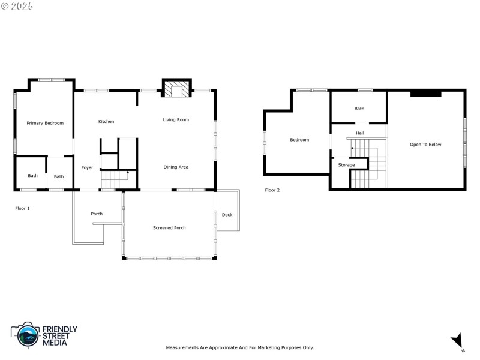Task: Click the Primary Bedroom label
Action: pos(45,123)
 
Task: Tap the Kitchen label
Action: pos(106,122)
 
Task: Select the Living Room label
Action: pos(176,120)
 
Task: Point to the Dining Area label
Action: pos(176,167)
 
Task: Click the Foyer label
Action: pos(87,168)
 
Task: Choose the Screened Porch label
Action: pos(169,228)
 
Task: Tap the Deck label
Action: pos(227,215)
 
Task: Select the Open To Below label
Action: pos(425,145)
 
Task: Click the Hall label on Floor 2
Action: pos(359,133)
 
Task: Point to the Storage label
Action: pos(346,165)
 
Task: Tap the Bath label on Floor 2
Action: pos(359,109)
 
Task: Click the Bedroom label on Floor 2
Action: pos(299,140)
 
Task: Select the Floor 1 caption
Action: pos(22,208)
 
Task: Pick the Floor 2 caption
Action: pos(272,190)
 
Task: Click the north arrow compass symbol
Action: pos(457,340)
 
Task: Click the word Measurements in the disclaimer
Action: pos(182,347)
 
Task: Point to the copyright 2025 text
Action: pos(17,5)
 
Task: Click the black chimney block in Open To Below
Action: pos(425,94)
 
